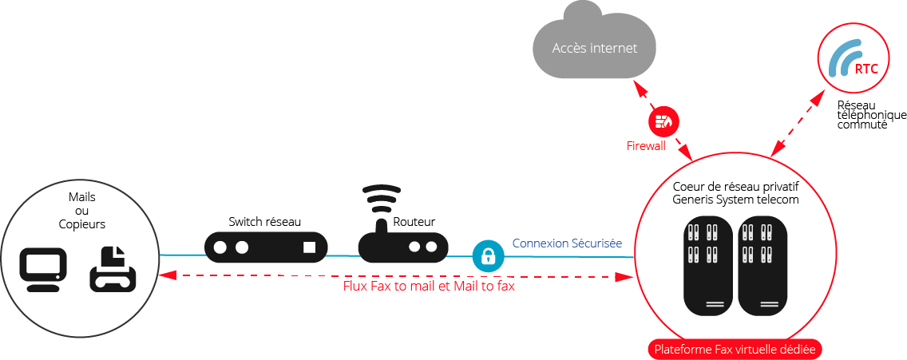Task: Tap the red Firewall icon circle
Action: click(663, 121)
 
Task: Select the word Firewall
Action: click(645, 147)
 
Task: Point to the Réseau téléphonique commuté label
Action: click(870, 115)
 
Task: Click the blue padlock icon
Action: click(488, 256)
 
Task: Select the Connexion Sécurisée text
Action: click(567, 243)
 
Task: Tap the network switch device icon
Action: click(266, 247)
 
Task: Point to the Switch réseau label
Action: click(264, 221)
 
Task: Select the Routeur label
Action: click(414, 221)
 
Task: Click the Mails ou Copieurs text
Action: click(81, 211)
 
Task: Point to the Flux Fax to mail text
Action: click(428, 286)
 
